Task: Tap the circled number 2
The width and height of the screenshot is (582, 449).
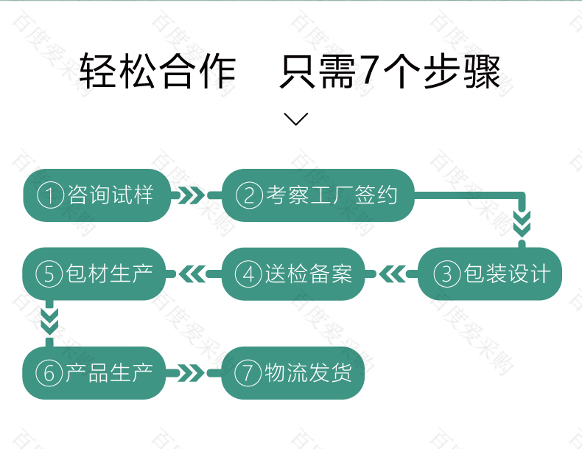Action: coord(249,195)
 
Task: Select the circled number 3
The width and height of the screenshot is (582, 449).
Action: coord(447,274)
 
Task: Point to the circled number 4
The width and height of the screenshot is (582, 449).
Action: coord(248,274)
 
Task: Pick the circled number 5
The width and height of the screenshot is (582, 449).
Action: coord(49,274)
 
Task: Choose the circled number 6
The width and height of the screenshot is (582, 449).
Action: coord(49,373)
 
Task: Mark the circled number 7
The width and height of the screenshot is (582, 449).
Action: coord(248,373)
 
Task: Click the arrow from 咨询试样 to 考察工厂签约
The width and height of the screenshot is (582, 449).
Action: coord(196,195)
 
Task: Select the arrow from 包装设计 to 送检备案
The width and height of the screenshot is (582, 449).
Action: coord(392,274)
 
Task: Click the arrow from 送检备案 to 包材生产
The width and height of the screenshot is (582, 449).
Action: coord(193,274)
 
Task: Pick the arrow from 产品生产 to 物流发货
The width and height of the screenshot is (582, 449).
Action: coord(194,373)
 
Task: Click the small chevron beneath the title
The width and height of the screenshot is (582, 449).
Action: coord(296,119)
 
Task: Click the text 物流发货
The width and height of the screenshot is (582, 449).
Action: coord(308,372)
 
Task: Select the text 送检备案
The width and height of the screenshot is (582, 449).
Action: coord(309,274)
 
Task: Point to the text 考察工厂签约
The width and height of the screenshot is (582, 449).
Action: coord(332,195)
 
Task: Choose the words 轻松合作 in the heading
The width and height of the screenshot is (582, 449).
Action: coord(158,70)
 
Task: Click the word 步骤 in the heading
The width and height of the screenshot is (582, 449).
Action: coord(462,70)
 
